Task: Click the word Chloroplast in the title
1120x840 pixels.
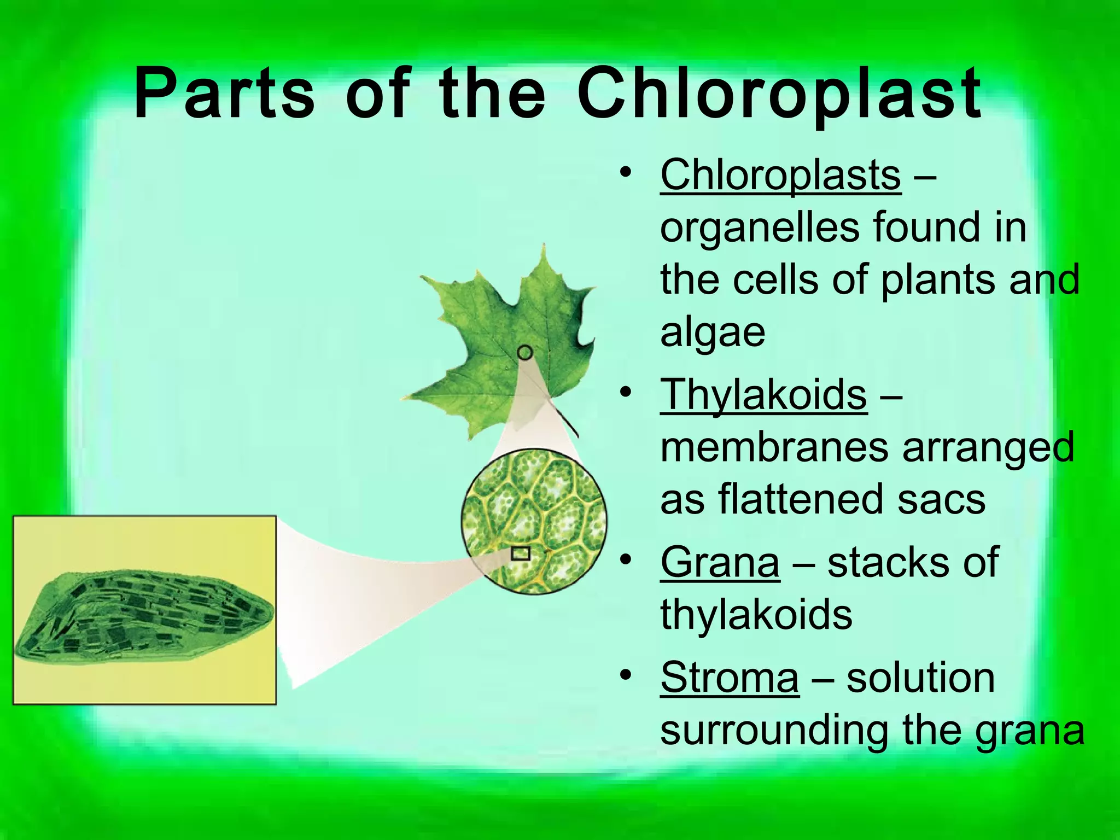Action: (779, 94)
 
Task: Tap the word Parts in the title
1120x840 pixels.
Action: (224, 93)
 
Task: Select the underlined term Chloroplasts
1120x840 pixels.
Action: (780, 175)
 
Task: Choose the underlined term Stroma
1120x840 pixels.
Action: (729, 678)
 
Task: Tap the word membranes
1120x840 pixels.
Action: (775, 447)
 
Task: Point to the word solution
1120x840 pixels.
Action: (920, 678)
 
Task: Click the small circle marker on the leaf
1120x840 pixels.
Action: (525, 353)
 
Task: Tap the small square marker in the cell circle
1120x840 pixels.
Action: (520, 553)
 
